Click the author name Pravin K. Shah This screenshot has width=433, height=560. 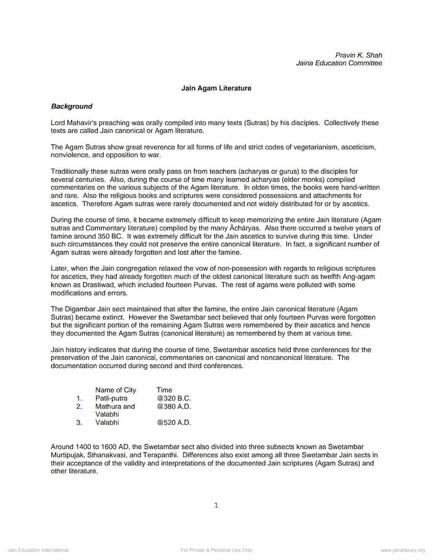358,55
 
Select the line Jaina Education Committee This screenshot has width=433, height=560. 339,63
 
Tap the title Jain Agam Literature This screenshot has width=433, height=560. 216,88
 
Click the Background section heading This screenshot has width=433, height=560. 72,106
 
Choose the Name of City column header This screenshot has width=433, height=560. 116,390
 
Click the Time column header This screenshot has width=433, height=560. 164,390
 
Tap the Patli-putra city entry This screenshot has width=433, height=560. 111,398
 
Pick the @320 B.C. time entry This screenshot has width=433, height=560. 174,398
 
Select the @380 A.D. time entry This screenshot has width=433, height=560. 174,406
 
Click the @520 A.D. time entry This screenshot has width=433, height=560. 174,422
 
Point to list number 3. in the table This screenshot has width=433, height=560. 79,422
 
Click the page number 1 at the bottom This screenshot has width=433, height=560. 216,505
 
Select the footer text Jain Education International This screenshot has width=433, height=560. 38,550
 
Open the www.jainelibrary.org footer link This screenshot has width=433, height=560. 403,550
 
